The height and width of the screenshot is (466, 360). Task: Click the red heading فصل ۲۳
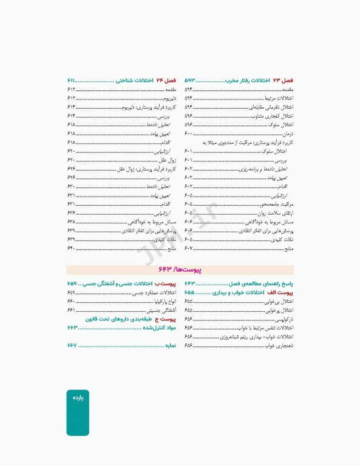(x=283, y=80)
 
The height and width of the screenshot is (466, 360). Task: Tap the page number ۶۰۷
(x=188, y=248)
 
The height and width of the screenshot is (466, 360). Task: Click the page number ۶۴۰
(x=71, y=248)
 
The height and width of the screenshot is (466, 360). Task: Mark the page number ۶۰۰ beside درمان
(x=188, y=133)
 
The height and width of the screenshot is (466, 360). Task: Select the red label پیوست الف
(x=282, y=292)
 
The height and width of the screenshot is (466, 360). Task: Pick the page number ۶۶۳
(x=72, y=328)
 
